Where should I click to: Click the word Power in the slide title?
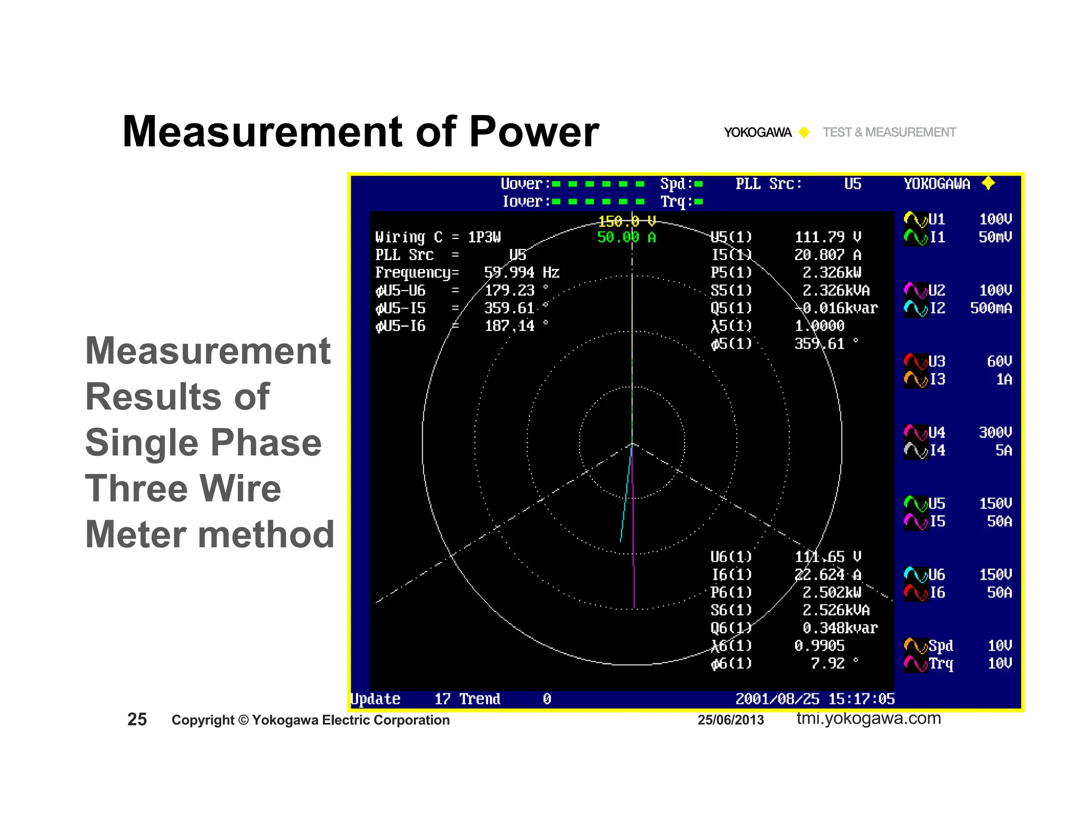534,132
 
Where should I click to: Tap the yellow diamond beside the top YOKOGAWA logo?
804,132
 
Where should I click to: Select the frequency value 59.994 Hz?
521,273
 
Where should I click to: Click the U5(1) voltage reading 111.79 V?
827,237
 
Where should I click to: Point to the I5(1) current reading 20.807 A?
827,255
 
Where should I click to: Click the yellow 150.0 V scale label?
627,221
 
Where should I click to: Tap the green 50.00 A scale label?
626,237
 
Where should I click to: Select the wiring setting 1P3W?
484,237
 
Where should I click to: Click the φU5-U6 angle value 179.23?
510,291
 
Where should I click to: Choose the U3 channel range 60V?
999,361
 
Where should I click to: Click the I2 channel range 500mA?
991,308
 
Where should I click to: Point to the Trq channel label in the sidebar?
941,664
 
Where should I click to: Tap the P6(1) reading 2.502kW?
832,592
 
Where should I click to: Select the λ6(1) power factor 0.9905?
819,646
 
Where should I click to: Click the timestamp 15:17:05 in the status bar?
861,699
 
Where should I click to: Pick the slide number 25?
137,719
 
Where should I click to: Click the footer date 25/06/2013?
730,720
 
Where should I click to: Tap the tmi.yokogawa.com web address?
869,718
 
